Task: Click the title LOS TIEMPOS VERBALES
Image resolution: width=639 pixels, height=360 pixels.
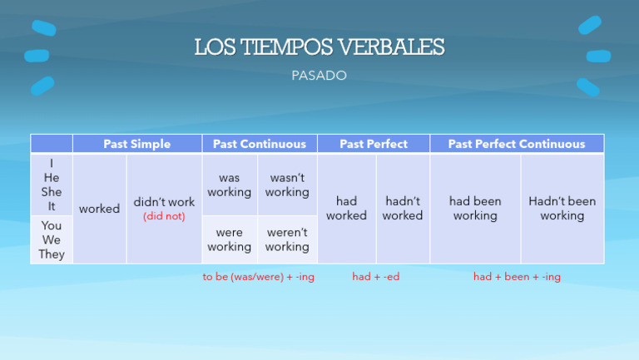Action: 319,47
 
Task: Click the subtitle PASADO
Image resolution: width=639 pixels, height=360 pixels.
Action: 319,76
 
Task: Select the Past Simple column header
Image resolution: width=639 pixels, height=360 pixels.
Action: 136,144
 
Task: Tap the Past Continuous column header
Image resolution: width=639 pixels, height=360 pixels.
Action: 259,144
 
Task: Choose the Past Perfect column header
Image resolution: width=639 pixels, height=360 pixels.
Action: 374,144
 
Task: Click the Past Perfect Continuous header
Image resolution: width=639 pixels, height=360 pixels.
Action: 516,144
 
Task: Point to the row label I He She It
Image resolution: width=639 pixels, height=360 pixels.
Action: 52,185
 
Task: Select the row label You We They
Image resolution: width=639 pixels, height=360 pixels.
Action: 52,239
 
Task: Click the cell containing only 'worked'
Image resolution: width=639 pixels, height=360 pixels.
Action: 99,209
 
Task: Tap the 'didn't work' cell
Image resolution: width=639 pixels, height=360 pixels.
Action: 164,202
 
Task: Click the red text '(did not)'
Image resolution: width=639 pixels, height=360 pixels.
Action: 164,216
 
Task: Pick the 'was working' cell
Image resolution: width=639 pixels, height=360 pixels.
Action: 230,185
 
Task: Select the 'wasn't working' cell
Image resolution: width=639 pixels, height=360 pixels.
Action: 287,185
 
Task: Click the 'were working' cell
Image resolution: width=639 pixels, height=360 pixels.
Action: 230,239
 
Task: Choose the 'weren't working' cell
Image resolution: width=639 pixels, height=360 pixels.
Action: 287,239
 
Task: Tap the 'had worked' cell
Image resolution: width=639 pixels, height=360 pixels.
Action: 346,208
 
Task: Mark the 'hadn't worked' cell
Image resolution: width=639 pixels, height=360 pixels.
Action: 403,208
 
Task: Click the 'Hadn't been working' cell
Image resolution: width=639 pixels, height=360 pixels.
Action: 562,208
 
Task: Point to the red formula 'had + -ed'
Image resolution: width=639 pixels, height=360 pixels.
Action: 375,277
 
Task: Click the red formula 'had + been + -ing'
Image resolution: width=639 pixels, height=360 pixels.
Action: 517,277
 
